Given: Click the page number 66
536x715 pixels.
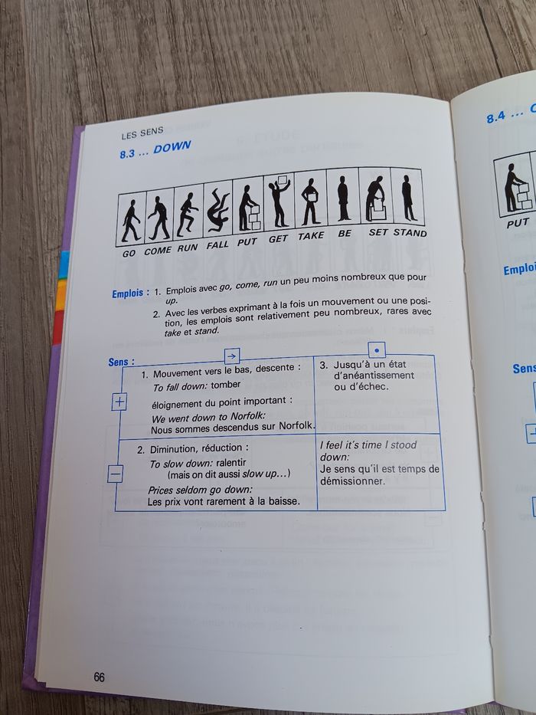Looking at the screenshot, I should (x=100, y=677).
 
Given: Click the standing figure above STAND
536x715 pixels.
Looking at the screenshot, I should (x=408, y=196).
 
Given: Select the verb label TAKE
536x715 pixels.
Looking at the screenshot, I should (x=311, y=235).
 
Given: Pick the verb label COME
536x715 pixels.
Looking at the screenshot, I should (x=158, y=251).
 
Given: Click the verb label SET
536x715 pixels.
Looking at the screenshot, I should (x=378, y=232).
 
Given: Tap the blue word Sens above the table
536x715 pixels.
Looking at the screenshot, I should (x=121, y=362).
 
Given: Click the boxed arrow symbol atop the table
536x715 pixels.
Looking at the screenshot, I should (x=232, y=355).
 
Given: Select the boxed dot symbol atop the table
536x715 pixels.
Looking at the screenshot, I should (x=377, y=349).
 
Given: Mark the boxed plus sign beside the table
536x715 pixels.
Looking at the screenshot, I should (x=119, y=402).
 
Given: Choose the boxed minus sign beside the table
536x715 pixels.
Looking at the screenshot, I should (x=115, y=474).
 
